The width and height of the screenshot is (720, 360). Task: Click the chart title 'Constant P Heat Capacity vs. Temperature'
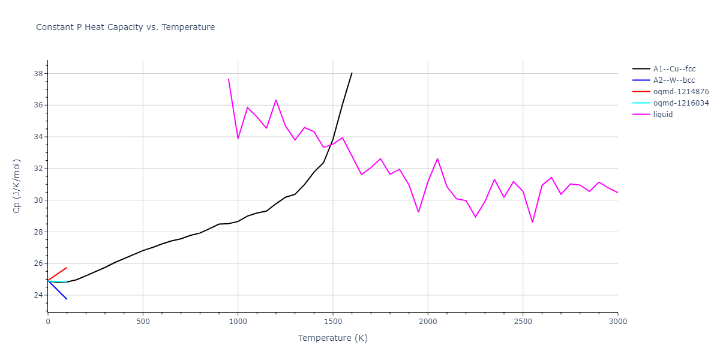coord(125,27)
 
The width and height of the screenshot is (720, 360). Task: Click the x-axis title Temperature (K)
coord(332,338)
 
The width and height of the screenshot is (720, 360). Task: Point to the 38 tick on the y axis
coord(38,74)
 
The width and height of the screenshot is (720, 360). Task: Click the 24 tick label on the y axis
coord(38,295)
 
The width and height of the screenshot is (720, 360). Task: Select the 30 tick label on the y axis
coord(38,200)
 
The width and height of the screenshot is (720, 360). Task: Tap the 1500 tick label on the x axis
coord(332,322)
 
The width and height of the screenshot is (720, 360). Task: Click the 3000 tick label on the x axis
coord(617,322)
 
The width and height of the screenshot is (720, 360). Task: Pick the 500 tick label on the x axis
coord(143,322)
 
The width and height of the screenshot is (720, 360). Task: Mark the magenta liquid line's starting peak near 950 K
coord(229,79)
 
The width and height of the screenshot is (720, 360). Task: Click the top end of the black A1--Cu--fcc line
coord(352,73)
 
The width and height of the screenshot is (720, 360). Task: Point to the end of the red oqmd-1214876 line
coord(67,268)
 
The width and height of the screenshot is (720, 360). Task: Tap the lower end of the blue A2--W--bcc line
coord(67,299)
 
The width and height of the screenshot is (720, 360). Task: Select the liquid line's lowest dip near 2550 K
coord(532,222)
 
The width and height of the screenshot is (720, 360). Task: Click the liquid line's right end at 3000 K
coord(617,193)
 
